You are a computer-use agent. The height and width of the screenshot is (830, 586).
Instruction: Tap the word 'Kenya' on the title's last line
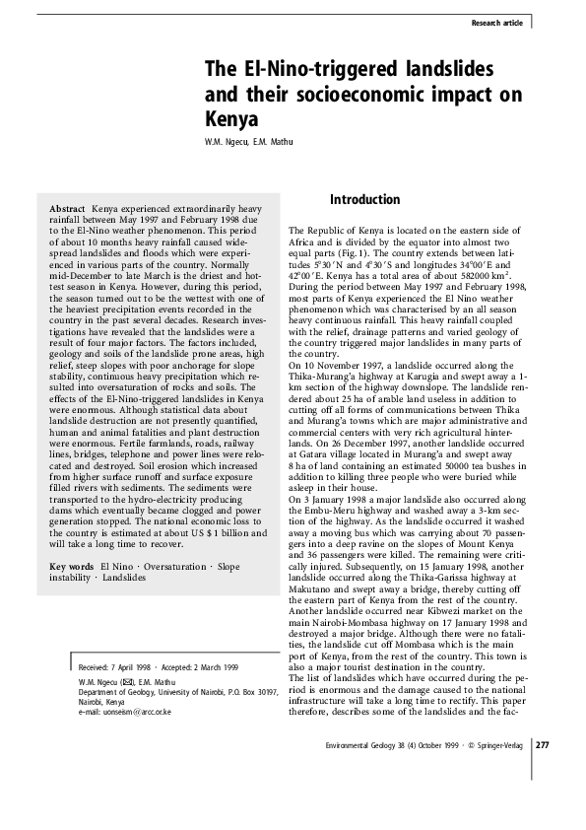(230, 121)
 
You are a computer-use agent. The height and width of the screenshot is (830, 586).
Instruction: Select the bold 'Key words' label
(71, 567)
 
